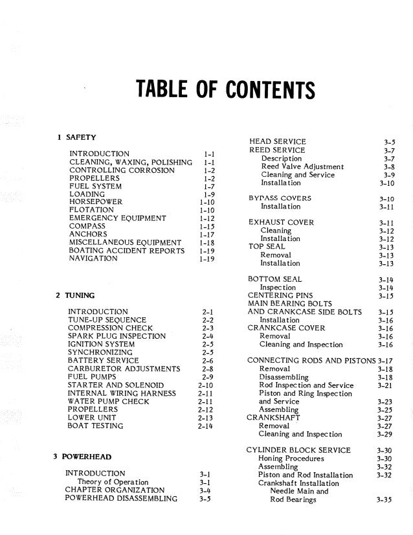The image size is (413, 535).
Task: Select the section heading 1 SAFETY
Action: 76,137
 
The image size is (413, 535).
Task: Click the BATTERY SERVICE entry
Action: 103,360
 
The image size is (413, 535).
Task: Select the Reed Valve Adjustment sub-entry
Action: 302,166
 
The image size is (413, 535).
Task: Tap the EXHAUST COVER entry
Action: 281,222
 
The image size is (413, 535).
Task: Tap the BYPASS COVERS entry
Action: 280,198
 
